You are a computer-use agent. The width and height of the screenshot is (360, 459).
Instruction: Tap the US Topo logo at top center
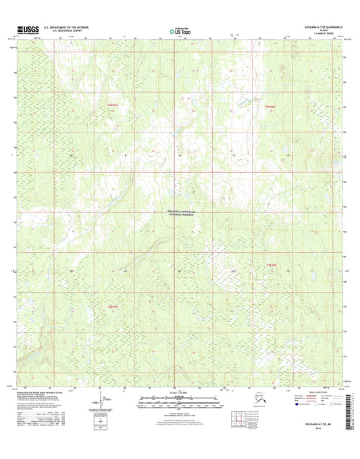point(180,30)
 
